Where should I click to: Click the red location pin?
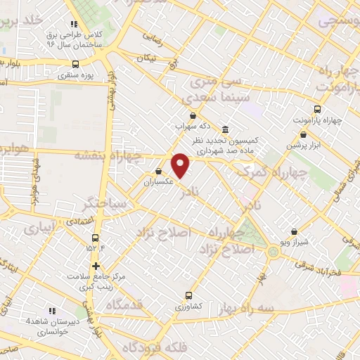point(181,165)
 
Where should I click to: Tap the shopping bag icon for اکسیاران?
point(159,171)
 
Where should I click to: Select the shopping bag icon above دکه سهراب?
point(192,116)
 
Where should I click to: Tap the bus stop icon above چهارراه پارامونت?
point(317,109)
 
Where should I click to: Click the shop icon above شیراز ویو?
point(293,231)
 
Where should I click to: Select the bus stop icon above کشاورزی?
point(188,296)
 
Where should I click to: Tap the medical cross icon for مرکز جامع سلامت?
point(96,266)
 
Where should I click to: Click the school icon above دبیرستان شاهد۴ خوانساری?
point(51,311)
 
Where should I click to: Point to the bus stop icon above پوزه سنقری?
point(75,63)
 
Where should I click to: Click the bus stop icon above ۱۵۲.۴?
point(94,236)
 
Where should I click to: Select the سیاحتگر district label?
point(105,203)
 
